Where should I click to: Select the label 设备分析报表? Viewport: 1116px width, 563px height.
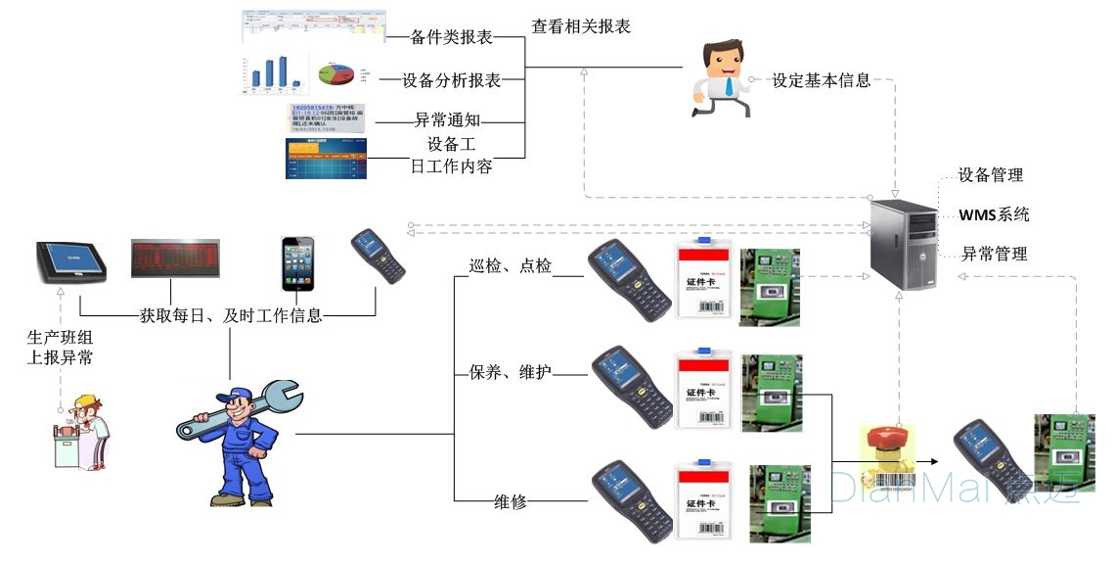452,80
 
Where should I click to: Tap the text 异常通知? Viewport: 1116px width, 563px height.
447,120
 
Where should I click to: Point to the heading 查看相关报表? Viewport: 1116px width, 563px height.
581,26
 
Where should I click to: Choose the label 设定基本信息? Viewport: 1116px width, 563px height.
822,80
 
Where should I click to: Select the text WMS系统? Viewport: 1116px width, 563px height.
994,214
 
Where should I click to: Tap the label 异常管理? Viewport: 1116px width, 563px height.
994,254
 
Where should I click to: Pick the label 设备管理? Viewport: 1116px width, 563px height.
990,175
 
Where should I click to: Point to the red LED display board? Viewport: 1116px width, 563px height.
175,258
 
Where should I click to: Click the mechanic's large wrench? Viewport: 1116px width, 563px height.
241,411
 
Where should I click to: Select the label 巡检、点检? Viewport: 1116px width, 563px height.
511,265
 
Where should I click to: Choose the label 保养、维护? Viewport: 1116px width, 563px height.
511,372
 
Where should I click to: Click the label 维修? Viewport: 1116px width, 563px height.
511,501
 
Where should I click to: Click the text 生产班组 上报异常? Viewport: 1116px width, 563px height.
61,348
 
